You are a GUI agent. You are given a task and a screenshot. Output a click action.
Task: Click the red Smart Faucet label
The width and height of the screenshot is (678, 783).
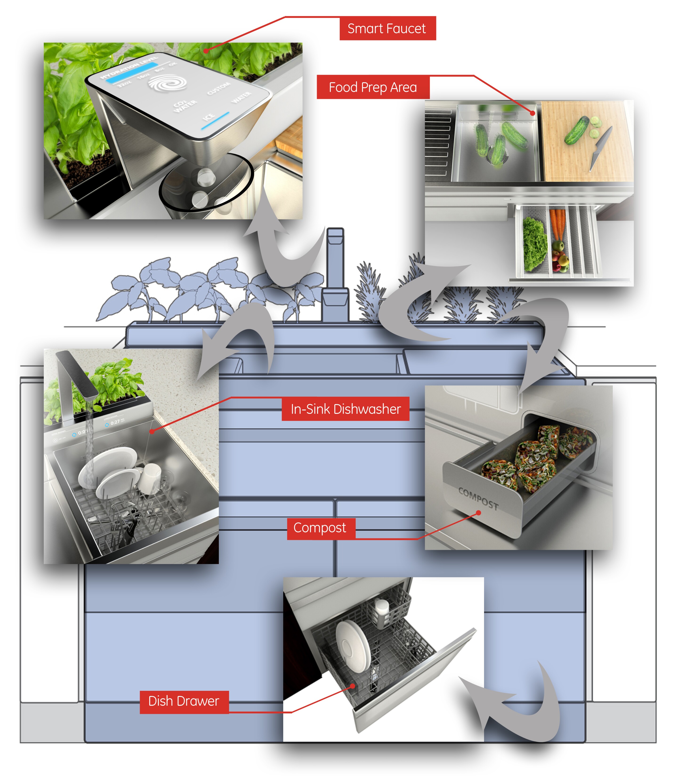[x=387, y=29]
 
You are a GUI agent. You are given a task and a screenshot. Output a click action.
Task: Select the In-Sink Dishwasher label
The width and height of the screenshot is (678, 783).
[x=345, y=409]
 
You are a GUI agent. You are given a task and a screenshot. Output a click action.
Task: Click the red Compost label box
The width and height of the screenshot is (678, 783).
[x=321, y=528]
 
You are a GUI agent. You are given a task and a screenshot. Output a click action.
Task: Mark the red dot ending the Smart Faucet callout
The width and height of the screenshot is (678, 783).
[x=206, y=50]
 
